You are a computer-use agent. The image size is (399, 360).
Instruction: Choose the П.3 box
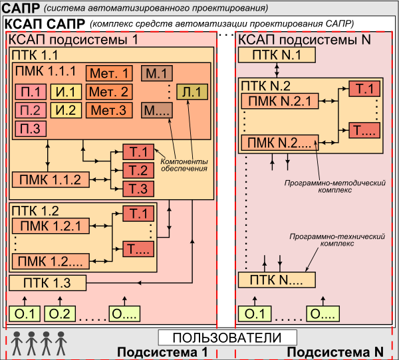pos(31,128)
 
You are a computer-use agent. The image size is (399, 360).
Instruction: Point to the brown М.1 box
pos(156,74)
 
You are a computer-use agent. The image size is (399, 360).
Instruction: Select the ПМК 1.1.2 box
pos(50,180)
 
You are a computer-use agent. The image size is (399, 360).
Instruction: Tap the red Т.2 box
pos(138,171)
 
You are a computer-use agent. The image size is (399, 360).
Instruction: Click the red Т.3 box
pos(138,189)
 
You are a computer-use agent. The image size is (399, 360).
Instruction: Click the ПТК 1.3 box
pos(49,283)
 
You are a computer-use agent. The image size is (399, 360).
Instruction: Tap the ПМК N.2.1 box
pos(277,102)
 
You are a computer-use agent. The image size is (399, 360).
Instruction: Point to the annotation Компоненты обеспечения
pos(183,165)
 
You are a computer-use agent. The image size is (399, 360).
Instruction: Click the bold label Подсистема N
pos(338,351)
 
